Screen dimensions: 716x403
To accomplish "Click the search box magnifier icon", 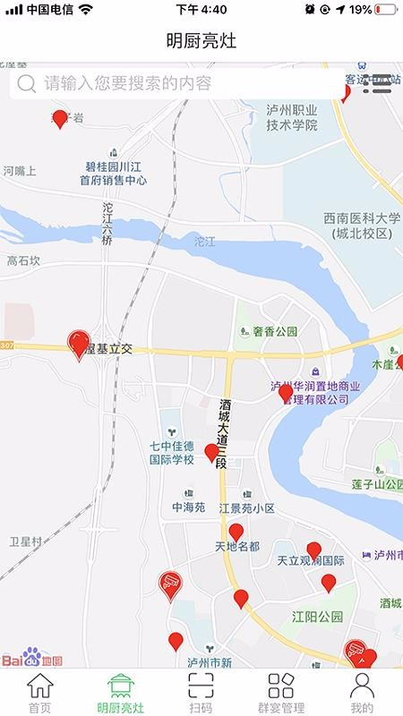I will point(27,84).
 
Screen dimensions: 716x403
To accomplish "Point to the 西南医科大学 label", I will point(362,225).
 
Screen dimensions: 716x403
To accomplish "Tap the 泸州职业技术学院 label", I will point(292,117).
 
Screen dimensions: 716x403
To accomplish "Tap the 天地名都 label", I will point(237,546).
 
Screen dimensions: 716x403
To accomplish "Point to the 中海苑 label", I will point(189,507).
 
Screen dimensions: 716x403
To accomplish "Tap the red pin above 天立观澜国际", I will point(313,550).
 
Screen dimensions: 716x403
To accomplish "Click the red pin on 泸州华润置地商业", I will point(286,392).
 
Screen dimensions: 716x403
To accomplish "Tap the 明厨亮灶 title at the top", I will point(201,41).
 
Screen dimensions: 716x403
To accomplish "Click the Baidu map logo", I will point(31,661).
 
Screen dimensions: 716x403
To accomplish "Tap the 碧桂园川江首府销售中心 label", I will point(113,172).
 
